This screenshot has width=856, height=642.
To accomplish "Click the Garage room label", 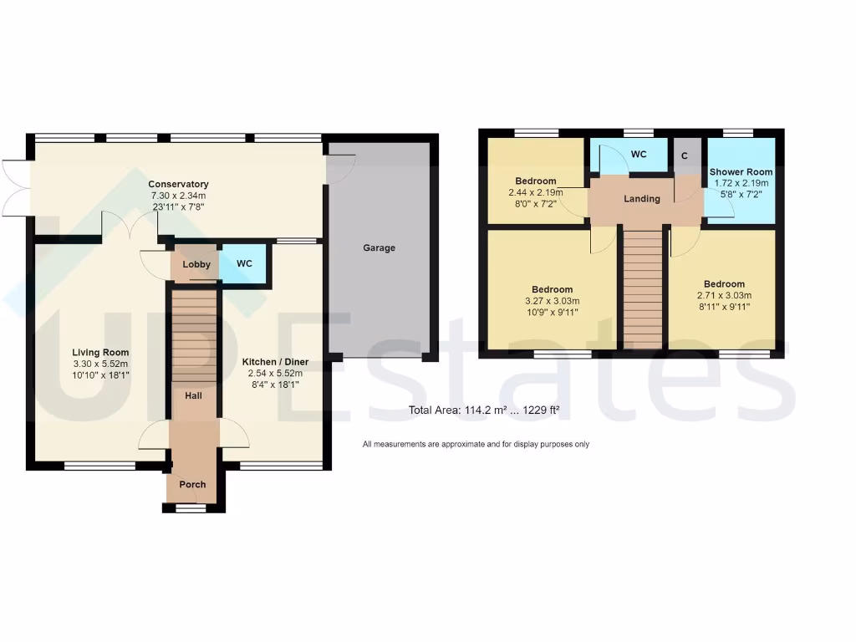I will pyautogui.click(x=379, y=248).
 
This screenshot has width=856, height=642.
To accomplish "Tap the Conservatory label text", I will pyautogui.click(x=178, y=184).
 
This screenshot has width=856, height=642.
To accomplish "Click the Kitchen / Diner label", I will pyautogui.click(x=275, y=362).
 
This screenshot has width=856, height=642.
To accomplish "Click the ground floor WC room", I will pyautogui.click(x=244, y=264).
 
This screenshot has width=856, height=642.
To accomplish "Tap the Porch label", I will pyautogui.click(x=192, y=485).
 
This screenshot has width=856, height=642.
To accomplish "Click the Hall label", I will pyautogui.click(x=193, y=395).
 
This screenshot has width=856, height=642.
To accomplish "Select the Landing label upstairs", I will pyautogui.click(x=642, y=199).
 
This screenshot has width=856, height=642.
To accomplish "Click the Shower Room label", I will pyautogui.click(x=741, y=172).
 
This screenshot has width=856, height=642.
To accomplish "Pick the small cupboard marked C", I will pyautogui.click(x=685, y=155).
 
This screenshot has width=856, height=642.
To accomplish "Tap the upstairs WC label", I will pyautogui.click(x=639, y=155).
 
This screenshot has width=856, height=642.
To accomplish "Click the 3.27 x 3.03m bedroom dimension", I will pyautogui.click(x=552, y=302).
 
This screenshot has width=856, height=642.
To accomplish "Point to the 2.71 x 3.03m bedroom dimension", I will pyautogui.click(x=724, y=296).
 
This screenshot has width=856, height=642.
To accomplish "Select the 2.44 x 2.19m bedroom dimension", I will pyautogui.click(x=536, y=192).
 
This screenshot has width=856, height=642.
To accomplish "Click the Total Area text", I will pyautogui.click(x=483, y=410).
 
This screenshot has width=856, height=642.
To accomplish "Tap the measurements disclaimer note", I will pyautogui.click(x=476, y=444).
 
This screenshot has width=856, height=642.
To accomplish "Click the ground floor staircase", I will pyautogui.click(x=193, y=334).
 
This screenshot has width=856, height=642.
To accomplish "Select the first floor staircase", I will pyautogui.click(x=643, y=288).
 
